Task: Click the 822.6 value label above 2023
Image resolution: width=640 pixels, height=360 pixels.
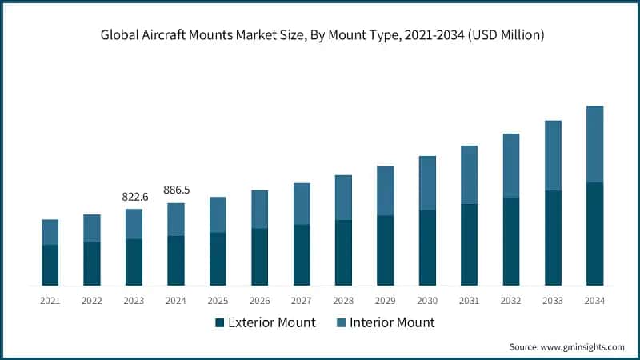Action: (134, 196)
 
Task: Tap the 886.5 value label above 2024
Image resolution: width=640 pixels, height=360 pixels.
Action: (176, 190)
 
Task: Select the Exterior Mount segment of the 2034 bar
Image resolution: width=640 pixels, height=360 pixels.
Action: (594, 234)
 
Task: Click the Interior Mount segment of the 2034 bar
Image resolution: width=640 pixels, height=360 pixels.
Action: (594, 144)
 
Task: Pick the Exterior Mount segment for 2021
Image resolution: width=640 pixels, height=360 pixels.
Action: (50, 265)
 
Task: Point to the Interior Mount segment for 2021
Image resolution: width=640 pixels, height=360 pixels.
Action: (50, 232)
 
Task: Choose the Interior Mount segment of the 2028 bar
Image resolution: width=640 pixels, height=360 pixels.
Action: (343, 198)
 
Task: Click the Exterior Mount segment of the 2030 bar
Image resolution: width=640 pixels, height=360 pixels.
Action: (427, 248)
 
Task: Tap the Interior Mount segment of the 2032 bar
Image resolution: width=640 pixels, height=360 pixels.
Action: (511, 166)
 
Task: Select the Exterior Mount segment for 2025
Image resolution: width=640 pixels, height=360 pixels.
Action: (218, 259)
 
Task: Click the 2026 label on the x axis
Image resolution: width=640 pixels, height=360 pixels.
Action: (259, 301)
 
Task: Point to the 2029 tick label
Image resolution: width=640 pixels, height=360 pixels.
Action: (385, 301)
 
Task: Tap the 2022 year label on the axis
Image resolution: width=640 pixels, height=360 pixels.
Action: (92, 301)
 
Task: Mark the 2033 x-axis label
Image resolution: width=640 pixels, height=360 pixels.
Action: (553, 301)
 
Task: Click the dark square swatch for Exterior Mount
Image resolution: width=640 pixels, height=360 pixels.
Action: (219, 323)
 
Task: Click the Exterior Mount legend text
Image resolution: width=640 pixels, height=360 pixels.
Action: (272, 323)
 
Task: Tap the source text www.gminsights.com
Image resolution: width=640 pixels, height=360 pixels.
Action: (584, 347)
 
